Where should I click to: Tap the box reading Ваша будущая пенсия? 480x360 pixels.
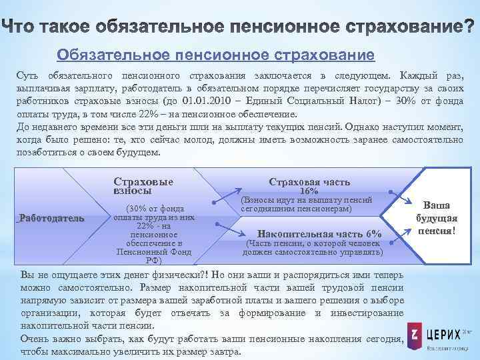point(437,219)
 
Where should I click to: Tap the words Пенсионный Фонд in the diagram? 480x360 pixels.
point(154,252)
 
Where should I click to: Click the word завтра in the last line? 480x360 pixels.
point(224,352)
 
